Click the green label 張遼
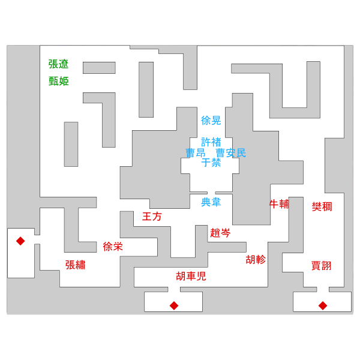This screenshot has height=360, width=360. pos(58,64)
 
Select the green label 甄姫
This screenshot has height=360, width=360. pos(59,81)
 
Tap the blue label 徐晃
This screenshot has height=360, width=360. pos(211,121)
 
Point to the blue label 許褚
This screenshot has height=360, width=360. pos(211,142)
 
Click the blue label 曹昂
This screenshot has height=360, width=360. pos(196,153)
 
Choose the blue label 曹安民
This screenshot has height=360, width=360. pos(231,153)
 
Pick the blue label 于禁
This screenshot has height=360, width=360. pos(211,163)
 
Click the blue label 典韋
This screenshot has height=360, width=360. pos(211,202)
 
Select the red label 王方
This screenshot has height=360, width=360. pos(152,217)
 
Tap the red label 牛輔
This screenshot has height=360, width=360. pos(279,204)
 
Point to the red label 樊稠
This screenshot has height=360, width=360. pos(322,206)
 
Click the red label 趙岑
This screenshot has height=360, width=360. pos(220,233)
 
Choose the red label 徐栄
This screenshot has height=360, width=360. pos(113,247)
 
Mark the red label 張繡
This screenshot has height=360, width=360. pos(76,265)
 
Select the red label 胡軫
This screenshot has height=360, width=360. pos(256,260)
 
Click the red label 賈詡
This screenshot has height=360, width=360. pos(321,266)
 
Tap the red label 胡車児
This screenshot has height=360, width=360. pos(191,276)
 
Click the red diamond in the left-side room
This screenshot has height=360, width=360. pos(20,241)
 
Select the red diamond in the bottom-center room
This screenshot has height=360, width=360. pos(174,306)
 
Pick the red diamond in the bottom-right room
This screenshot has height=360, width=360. pos(323,306)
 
